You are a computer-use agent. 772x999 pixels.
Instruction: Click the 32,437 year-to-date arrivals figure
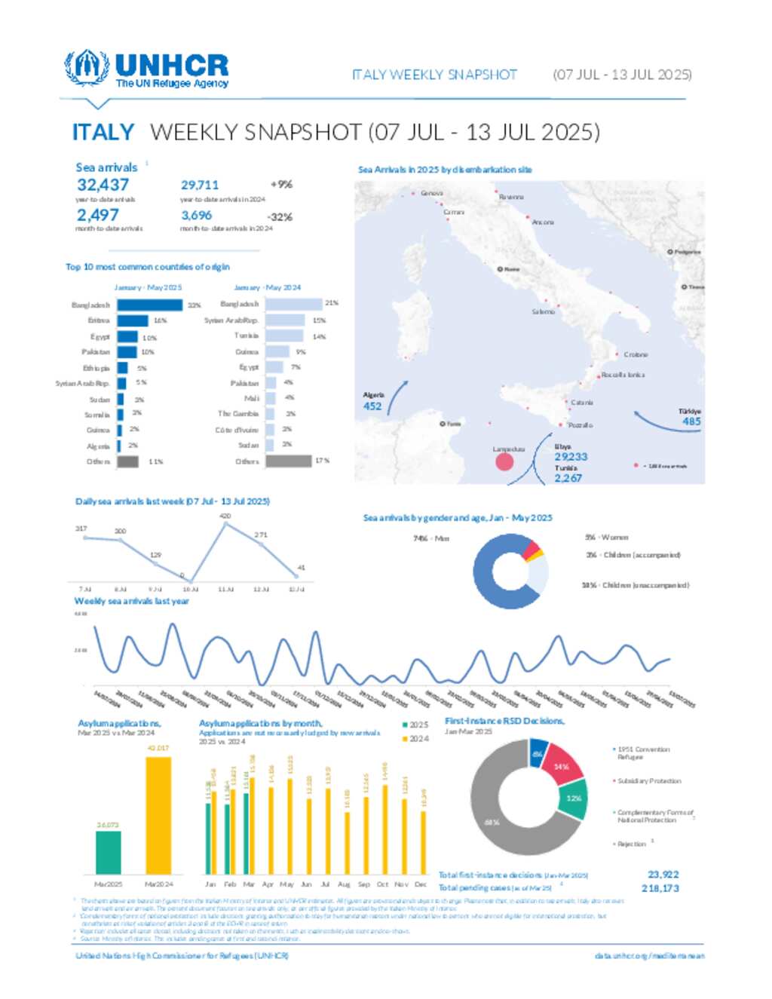point(103,185)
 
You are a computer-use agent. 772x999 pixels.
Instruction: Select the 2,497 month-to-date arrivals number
point(97,216)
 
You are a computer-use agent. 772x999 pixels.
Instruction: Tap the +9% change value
point(281,184)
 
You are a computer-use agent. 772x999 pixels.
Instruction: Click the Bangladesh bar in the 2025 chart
point(149,305)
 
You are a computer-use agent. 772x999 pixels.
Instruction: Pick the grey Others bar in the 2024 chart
point(288,461)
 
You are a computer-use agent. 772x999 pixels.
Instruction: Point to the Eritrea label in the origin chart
point(98,320)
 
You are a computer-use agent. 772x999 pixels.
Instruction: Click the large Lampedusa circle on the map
point(504,461)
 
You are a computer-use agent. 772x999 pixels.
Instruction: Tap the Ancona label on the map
point(543,222)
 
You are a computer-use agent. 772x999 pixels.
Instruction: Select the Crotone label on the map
point(636,354)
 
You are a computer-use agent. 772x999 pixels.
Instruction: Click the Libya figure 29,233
point(571,457)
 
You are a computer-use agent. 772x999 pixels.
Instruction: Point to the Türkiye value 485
point(691,421)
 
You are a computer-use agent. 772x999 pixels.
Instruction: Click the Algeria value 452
point(372,406)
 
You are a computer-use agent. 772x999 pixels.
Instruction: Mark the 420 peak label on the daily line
point(225,516)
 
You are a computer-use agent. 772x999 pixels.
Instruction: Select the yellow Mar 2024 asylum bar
point(158,814)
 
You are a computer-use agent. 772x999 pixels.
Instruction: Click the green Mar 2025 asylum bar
point(108,852)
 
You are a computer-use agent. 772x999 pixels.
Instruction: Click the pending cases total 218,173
point(660,888)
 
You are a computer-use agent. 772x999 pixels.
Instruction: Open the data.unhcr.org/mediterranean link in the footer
point(649,956)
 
